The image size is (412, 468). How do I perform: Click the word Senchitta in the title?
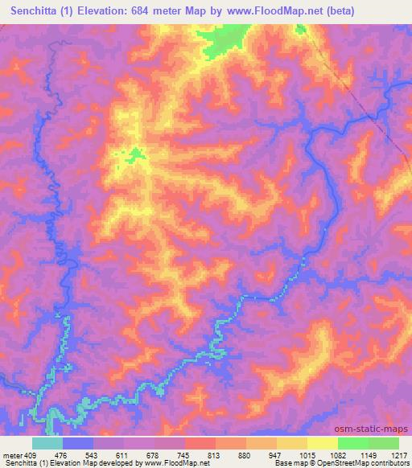point(43,12)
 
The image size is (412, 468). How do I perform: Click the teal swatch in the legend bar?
point(47,443)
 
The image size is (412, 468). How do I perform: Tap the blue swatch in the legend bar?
point(77,443)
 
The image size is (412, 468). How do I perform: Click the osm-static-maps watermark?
point(373,428)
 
